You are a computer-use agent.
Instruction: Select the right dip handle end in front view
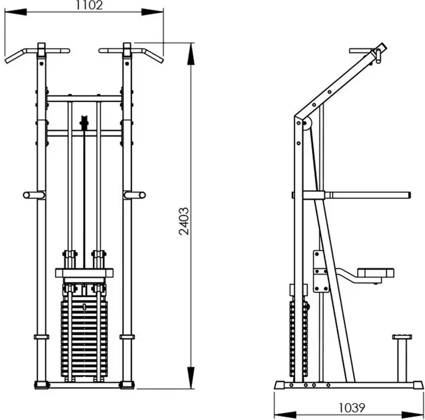[x=140, y=195]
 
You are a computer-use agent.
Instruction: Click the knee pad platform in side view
[x=375, y=274]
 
